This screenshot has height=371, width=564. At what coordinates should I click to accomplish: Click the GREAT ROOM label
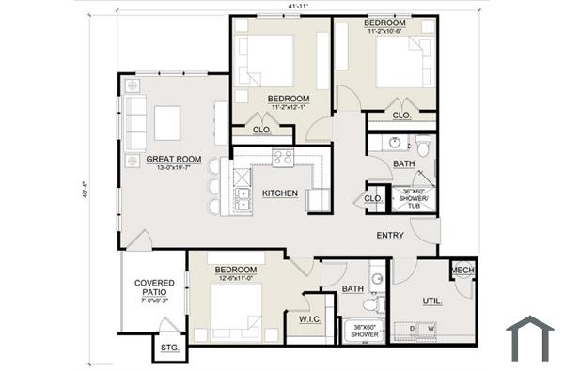pyautogui.click(x=174, y=160)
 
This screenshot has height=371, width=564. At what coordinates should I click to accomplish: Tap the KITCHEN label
pyautogui.click(x=280, y=193)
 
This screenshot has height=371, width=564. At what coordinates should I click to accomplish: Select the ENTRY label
pyautogui.click(x=390, y=235)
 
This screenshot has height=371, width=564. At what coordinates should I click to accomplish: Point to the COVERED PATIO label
pyautogui.click(x=155, y=287)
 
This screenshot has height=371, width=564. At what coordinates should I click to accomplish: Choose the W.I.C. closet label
pyautogui.click(x=311, y=319)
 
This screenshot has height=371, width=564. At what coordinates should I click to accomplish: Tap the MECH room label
pyautogui.click(x=462, y=271)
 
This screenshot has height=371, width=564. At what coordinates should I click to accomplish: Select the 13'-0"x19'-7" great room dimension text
pyautogui.click(x=174, y=169)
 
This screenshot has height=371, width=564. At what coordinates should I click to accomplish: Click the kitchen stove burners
pyautogui.click(x=283, y=158)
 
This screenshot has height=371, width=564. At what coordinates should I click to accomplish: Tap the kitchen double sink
pyautogui.click(x=241, y=197)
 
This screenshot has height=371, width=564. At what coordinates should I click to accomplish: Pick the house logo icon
pyautogui.click(x=529, y=339)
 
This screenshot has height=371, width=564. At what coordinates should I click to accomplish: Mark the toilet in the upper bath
pyautogui.click(x=425, y=147)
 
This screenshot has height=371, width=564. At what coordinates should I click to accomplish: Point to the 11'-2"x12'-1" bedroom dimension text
pyautogui.click(x=289, y=108)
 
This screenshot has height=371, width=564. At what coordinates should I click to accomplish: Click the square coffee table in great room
pyautogui.click(x=168, y=120)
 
